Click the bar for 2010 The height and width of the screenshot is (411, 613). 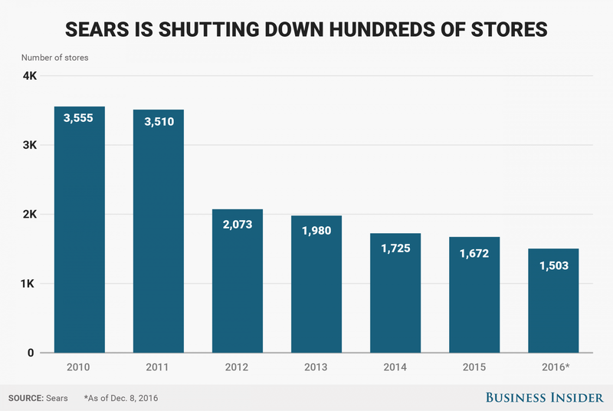pyautogui.click(x=79, y=230)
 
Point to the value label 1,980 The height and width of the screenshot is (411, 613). pyautogui.click(x=316, y=231)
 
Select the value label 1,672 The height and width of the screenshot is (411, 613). pyautogui.click(x=474, y=252)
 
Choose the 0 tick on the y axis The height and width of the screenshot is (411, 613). pyautogui.click(x=33, y=353)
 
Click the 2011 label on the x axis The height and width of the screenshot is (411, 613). pyautogui.click(x=158, y=367)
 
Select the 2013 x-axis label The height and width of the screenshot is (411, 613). pyautogui.click(x=316, y=367)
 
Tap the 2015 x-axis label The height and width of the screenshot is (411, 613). pyautogui.click(x=474, y=367)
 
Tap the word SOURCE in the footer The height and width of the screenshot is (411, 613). pyautogui.click(x=25, y=398)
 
